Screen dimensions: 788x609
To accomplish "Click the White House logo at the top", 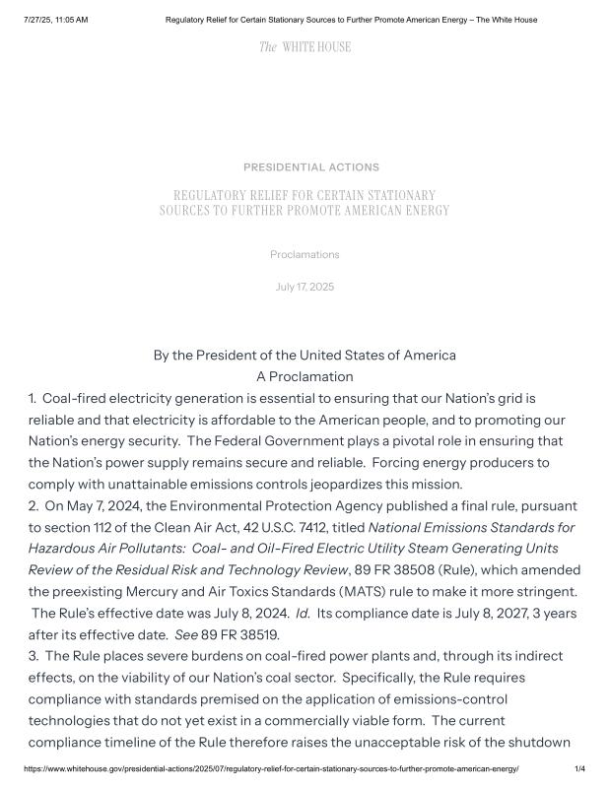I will point(304,47).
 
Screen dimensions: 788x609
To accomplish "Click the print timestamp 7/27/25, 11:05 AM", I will point(55,20).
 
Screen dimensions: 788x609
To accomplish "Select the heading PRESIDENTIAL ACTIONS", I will point(310,167).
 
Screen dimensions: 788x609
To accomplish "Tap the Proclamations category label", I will point(304,254).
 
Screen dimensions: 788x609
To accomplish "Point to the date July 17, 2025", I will point(304,287).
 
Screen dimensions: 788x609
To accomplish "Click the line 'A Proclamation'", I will point(304,376).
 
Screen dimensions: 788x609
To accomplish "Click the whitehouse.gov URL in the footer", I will point(271,768).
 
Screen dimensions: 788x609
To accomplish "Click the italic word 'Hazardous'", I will point(64,549).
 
